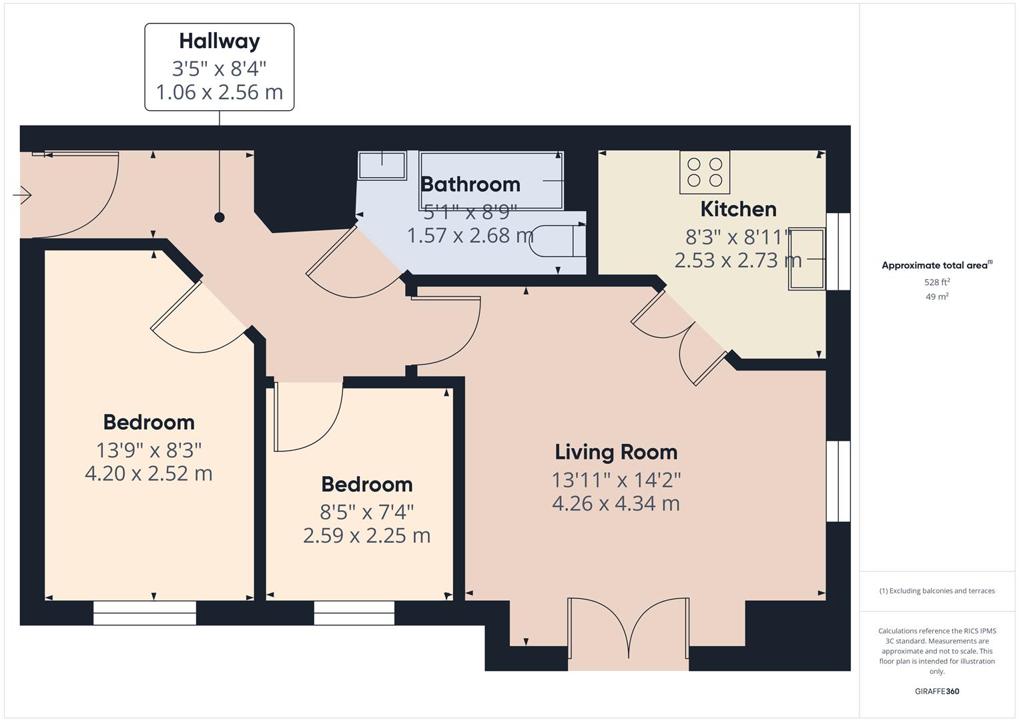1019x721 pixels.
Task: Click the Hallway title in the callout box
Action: point(220,41)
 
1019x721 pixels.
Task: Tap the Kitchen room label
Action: point(738,210)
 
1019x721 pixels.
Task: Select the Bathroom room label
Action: point(470,184)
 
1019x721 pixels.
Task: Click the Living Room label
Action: point(616,452)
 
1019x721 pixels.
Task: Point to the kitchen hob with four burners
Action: point(705,172)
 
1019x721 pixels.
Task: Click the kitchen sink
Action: point(807,258)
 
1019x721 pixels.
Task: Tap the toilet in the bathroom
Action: point(558,241)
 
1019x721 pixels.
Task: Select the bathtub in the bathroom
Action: point(491,181)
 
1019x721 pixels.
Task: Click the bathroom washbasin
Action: point(382,166)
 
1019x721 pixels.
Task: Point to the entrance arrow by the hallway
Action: point(22,195)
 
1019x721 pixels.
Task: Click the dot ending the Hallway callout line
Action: point(220,218)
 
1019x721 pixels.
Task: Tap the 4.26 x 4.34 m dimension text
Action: point(616,503)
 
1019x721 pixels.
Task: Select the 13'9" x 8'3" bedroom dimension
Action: point(149,451)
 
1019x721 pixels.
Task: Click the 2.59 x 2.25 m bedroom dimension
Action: point(366,535)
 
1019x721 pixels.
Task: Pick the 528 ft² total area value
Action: point(937,282)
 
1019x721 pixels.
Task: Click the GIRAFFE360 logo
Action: point(937,692)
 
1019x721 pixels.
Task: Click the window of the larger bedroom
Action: point(145,613)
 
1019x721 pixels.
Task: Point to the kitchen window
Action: point(838,251)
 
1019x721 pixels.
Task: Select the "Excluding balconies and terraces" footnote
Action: point(937,591)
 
